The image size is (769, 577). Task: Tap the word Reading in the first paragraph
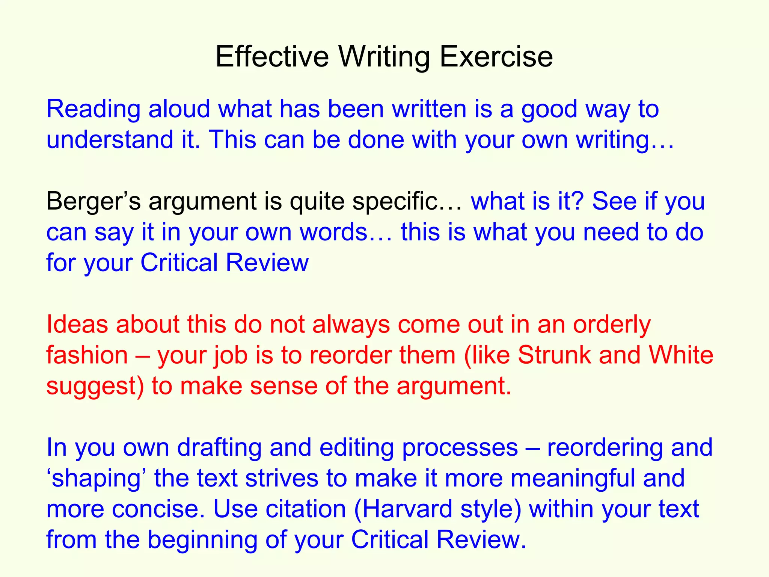[x=93, y=110]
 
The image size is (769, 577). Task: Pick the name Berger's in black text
[x=93, y=201]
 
